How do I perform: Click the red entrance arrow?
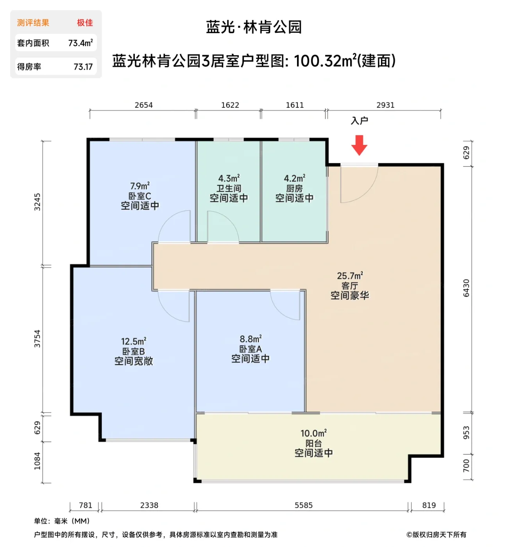359,145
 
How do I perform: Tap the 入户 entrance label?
359,121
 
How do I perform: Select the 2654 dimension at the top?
143,105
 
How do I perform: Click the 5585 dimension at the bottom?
303,505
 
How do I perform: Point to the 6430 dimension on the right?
466,288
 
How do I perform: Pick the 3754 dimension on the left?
37,339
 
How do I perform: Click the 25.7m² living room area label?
350,276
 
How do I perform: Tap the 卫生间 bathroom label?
229,188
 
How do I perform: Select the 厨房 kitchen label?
294,188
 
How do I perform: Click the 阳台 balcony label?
313,443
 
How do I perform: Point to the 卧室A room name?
250,349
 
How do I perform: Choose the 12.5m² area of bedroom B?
133,341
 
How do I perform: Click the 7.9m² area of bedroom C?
140,186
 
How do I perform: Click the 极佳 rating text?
85,23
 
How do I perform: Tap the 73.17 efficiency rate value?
83,67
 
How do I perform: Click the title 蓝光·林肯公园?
254,27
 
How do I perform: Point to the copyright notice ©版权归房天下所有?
436,534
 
